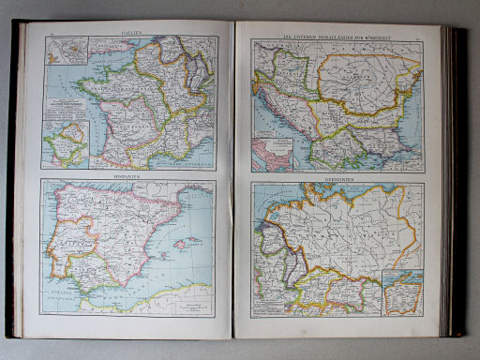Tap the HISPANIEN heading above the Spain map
pyautogui.click(x=132, y=174)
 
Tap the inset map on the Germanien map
pyautogui.click(x=403, y=293)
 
